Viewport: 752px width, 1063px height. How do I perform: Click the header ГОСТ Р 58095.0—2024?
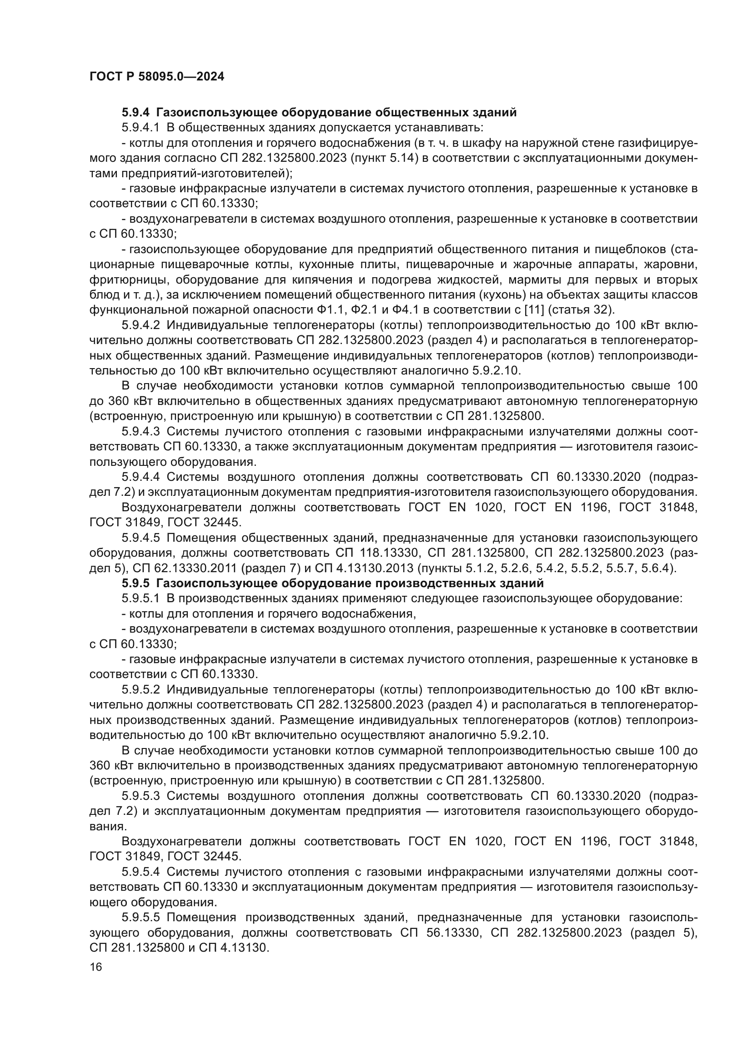click(156, 77)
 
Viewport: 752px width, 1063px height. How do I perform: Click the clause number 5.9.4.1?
click(141, 127)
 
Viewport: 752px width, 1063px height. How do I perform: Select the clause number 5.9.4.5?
click(141, 538)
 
